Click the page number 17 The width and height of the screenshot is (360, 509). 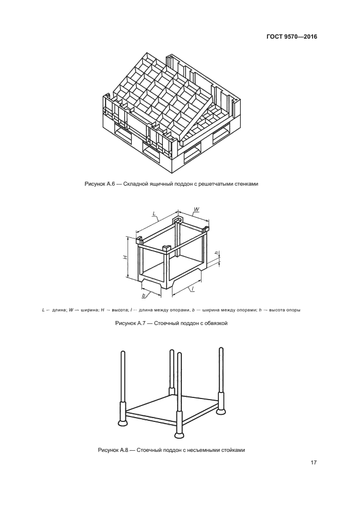[314, 463]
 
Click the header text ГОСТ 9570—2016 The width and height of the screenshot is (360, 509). [292, 37]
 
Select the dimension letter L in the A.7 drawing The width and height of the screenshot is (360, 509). [155, 214]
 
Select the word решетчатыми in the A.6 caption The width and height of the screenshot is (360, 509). [222, 183]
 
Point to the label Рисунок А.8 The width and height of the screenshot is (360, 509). [113, 450]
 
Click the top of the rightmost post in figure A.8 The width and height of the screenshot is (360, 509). [221, 349]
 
